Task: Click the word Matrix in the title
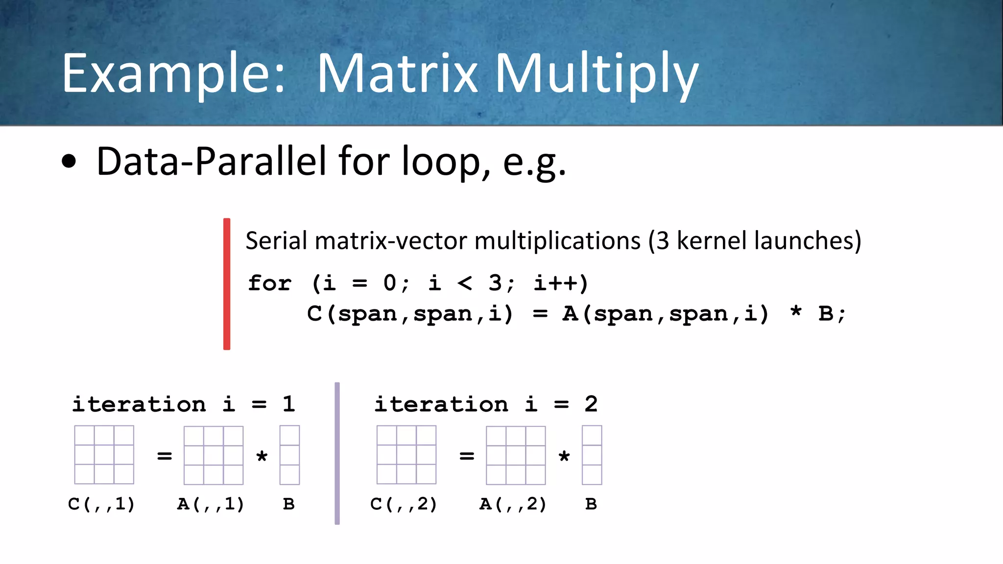coord(397,73)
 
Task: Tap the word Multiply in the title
coord(596,73)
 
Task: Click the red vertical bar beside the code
coord(227,284)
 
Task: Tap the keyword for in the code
coord(269,283)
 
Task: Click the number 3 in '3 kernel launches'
coord(663,241)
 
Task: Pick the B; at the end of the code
coord(831,313)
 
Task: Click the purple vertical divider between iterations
coord(337,453)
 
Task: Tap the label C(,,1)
coord(101,504)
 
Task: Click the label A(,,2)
coord(513,504)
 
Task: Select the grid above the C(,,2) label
coord(406,455)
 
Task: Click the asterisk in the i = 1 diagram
coord(262,457)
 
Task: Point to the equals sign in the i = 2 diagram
coord(467,456)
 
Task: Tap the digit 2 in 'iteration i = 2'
coord(591,404)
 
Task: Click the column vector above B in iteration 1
coord(289,455)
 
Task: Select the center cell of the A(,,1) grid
coord(214,455)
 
